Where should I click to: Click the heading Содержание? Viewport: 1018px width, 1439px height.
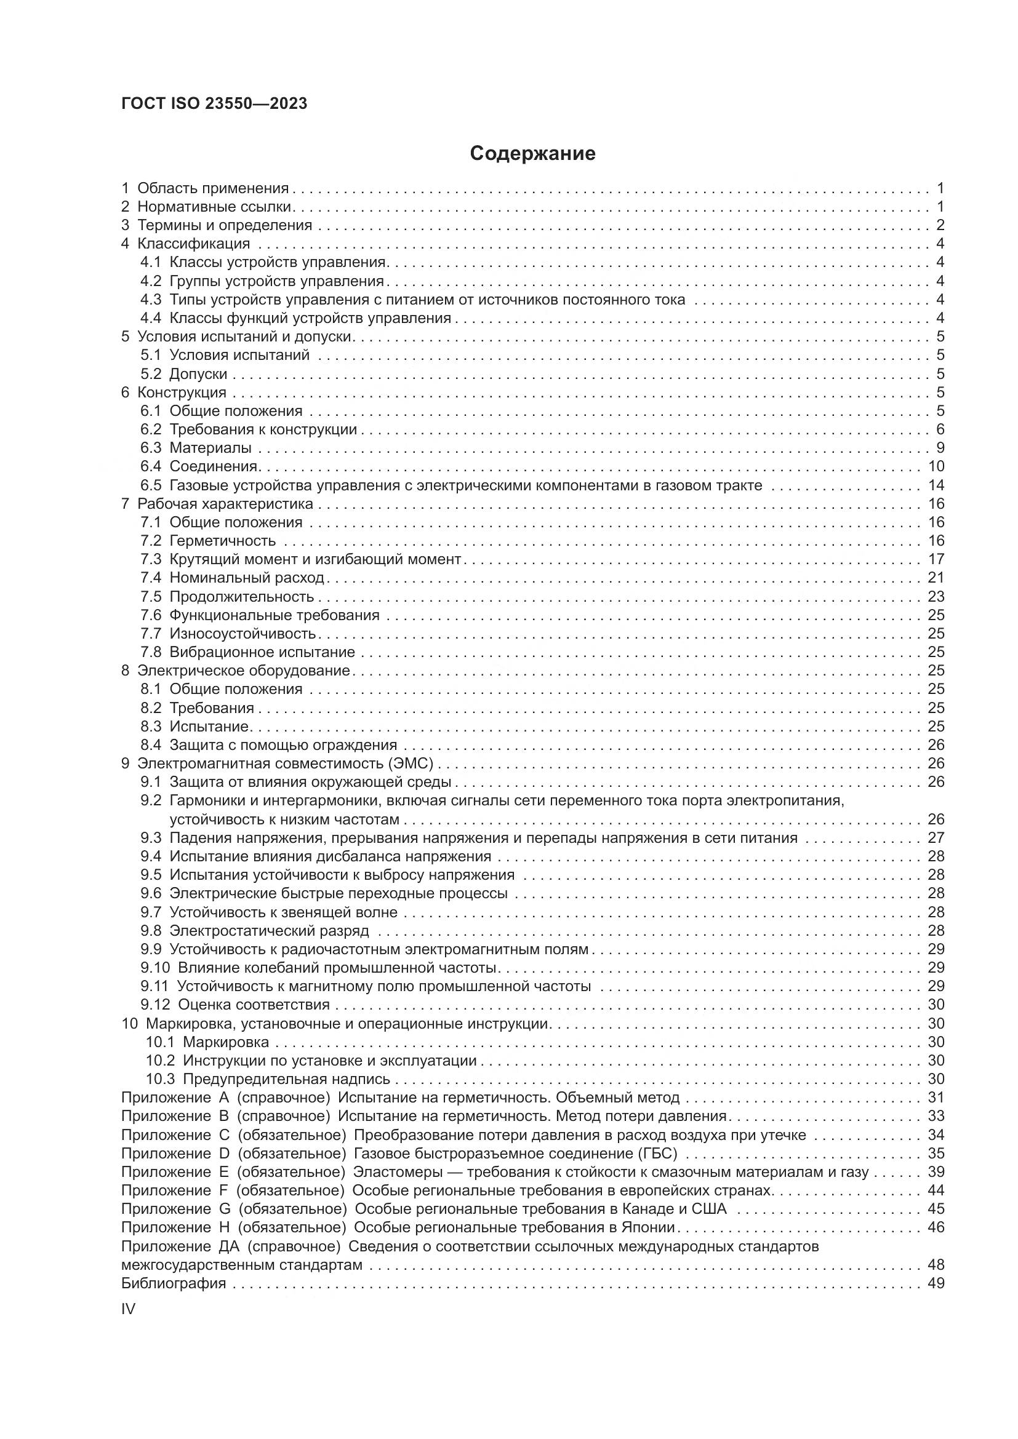click(x=532, y=154)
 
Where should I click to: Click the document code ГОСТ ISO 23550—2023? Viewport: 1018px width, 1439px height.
click(x=214, y=104)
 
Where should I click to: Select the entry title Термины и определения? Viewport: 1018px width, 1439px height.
click(x=225, y=225)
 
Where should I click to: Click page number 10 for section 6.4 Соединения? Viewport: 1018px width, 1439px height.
click(x=936, y=466)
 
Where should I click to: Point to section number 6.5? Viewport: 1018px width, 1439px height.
click(x=150, y=485)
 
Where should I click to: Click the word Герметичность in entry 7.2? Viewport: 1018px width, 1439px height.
click(x=223, y=541)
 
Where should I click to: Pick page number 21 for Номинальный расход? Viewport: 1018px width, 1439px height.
click(x=936, y=578)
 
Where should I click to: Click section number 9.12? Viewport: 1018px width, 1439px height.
click(x=155, y=1005)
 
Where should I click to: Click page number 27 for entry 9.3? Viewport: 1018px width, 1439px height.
click(x=936, y=838)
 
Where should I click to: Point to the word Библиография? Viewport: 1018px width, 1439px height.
click(x=173, y=1283)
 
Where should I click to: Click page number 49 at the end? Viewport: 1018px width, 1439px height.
click(x=936, y=1283)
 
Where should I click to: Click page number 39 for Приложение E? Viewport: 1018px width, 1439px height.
click(x=936, y=1172)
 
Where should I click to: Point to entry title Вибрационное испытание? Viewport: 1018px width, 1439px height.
click(x=262, y=652)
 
